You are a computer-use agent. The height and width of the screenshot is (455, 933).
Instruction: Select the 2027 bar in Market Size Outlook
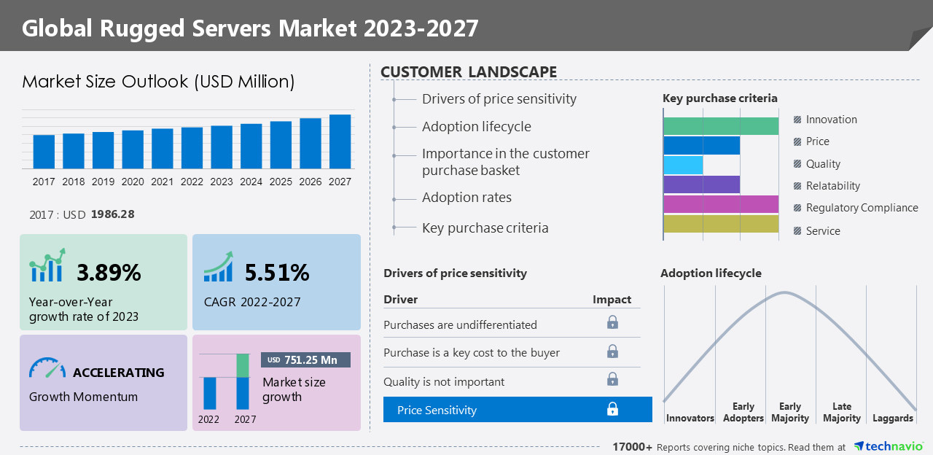pyautogui.click(x=340, y=141)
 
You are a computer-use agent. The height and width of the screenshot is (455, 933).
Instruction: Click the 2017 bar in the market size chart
pyautogui.click(x=44, y=152)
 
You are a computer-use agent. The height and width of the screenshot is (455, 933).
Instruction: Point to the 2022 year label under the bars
pyautogui.click(x=192, y=182)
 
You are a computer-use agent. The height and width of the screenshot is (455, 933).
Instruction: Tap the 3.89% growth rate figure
pyautogui.click(x=109, y=273)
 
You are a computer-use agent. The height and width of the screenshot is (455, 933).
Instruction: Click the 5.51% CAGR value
pyautogui.click(x=277, y=273)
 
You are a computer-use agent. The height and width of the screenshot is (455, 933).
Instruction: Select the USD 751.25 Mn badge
pyautogui.click(x=305, y=359)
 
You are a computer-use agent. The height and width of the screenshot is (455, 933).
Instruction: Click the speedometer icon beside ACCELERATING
pyautogui.click(x=47, y=368)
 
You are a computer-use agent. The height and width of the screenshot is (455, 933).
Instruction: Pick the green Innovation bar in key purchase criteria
pyautogui.click(x=720, y=125)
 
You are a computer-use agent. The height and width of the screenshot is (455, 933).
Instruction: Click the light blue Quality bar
pyautogui.click(x=683, y=165)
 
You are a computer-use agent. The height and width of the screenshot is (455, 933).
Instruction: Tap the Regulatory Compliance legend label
pyautogui.click(x=862, y=208)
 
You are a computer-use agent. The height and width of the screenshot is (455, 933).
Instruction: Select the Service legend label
pyautogui.click(x=823, y=231)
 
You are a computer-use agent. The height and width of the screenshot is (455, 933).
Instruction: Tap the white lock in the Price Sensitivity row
pyautogui.click(x=612, y=409)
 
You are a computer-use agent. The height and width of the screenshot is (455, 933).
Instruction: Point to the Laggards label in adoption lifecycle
pyautogui.click(x=892, y=418)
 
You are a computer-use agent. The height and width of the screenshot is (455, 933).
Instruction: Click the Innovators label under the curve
pyautogui.click(x=690, y=418)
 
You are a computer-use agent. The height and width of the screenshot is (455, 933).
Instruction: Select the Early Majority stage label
pyautogui.click(x=789, y=412)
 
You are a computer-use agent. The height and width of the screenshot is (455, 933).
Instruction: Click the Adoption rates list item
pyautogui.click(x=466, y=198)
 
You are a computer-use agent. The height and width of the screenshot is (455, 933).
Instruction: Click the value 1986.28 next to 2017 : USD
pyautogui.click(x=112, y=214)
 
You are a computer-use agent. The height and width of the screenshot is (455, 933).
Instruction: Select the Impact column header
pyautogui.click(x=612, y=300)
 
